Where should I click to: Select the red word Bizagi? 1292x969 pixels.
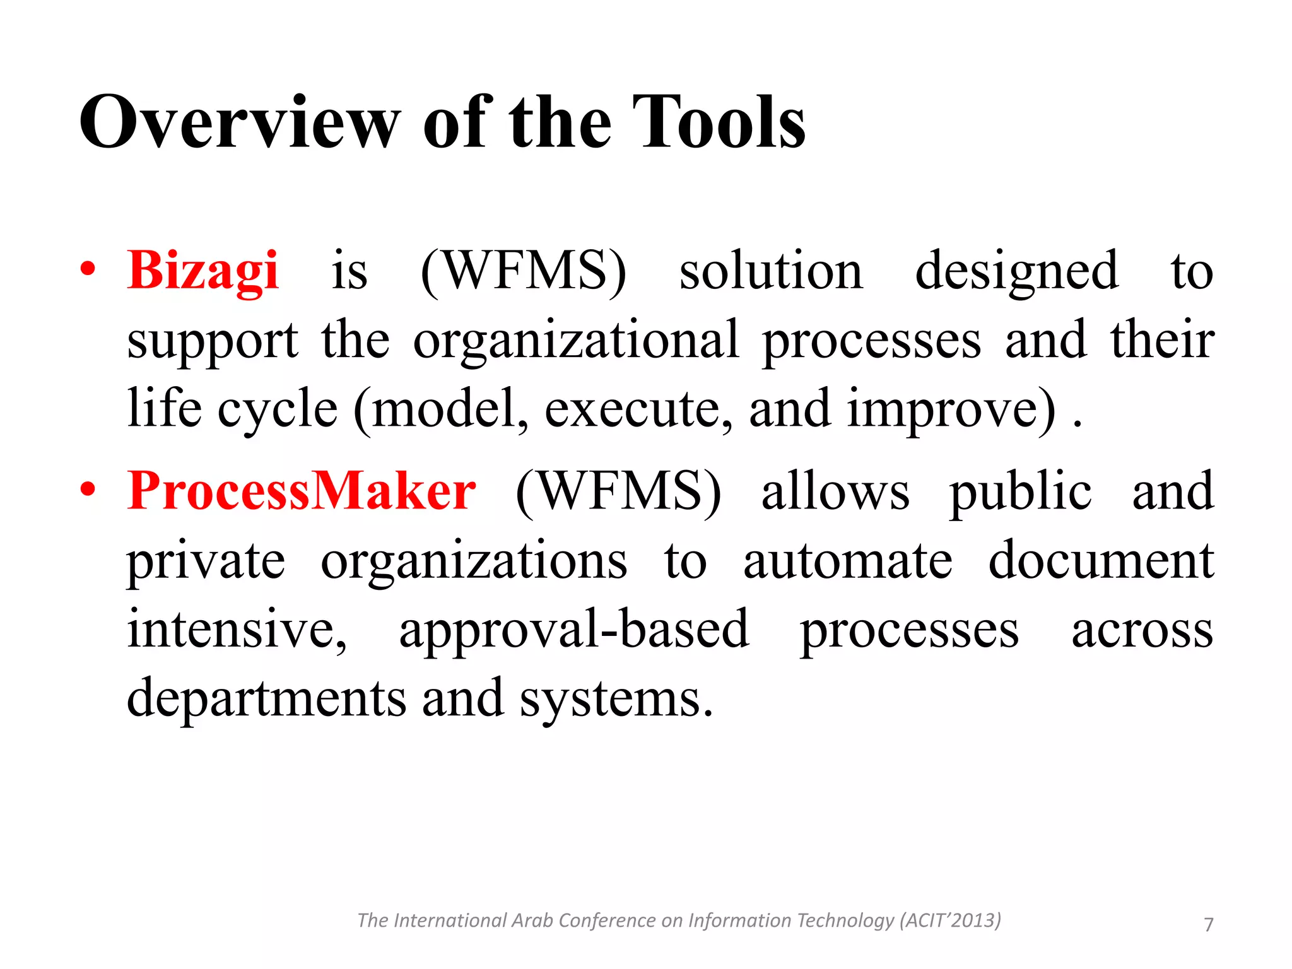(203, 271)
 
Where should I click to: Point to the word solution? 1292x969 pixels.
(770, 271)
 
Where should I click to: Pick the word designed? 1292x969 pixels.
(1016, 271)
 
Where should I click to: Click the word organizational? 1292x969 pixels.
(576, 341)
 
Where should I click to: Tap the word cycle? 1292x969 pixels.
(278, 410)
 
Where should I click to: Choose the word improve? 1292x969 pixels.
(950, 410)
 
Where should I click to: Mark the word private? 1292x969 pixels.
(206, 561)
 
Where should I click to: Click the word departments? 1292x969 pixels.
(266, 699)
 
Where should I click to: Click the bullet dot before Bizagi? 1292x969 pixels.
(88, 270)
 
